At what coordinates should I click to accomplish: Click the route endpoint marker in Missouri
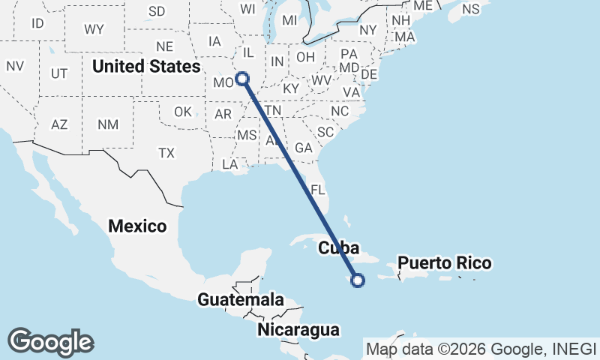[x=242, y=77]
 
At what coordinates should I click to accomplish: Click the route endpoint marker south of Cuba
[x=358, y=280]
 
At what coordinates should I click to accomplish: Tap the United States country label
[x=146, y=66]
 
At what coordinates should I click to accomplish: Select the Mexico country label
[x=136, y=225]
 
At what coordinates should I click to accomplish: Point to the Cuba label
[x=340, y=247]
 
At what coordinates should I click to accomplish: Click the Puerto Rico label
[x=445, y=262]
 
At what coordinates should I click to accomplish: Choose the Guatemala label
[x=241, y=300]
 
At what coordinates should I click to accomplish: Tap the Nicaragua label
[x=298, y=329]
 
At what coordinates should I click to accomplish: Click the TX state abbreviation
[x=166, y=152]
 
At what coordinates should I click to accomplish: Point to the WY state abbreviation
[x=94, y=29]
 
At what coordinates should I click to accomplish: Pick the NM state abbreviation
[x=108, y=124]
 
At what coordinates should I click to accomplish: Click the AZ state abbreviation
[x=60, y=124]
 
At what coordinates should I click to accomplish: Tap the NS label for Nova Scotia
[x=471, y=9]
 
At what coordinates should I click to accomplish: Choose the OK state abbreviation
[x=184, y=112]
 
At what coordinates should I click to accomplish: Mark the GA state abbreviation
[x=303, y=148]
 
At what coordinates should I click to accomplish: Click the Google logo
[x=50, y=342]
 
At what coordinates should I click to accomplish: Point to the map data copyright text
[x=481, y=349]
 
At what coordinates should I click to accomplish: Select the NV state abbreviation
[x=15, y=65]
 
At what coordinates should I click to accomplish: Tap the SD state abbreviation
[x=157, y=11]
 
